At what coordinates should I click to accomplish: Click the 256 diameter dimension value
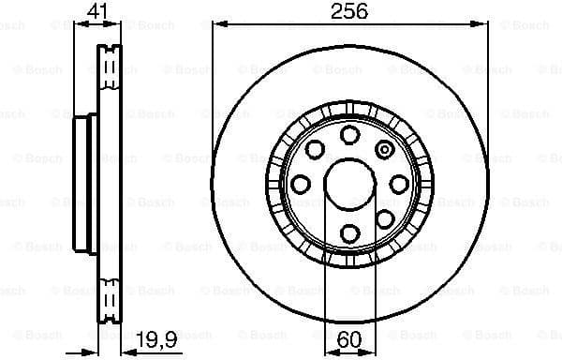click(348, 11)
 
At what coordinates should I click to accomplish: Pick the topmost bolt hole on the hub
click(349, 134)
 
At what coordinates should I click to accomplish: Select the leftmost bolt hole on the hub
click(302, 184)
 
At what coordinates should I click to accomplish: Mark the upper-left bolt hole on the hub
click(315, 149)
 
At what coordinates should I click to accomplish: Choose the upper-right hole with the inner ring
click(383, 149)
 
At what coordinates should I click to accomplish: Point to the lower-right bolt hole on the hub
click(383, 217)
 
